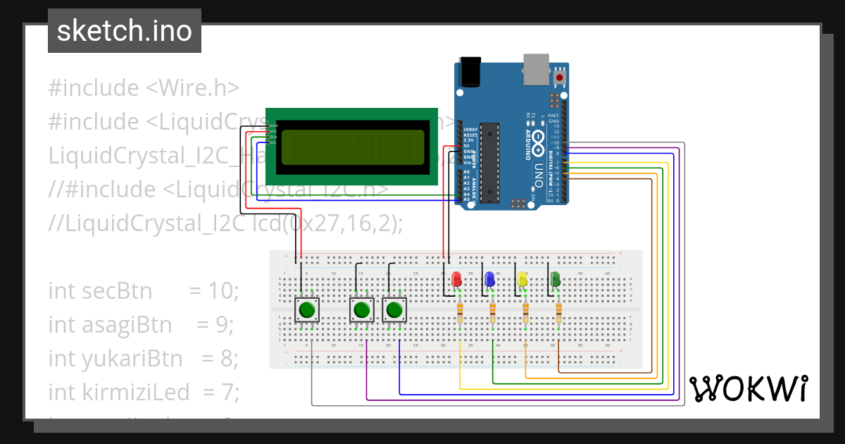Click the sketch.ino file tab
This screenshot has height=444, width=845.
coord(125,31)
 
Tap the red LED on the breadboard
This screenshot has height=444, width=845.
coord(456,279)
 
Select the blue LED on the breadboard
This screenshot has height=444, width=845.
coord(489,279)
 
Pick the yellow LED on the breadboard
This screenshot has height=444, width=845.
coord(522,279)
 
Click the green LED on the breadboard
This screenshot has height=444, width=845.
coord(555,279)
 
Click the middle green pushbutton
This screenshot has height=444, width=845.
coord(361,309)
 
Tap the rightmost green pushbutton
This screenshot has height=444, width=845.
coord(394,309)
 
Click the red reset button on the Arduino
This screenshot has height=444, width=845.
coord(560,76)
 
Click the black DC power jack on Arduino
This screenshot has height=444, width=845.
coord(468,71)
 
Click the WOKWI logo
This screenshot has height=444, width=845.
coord(748,388)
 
